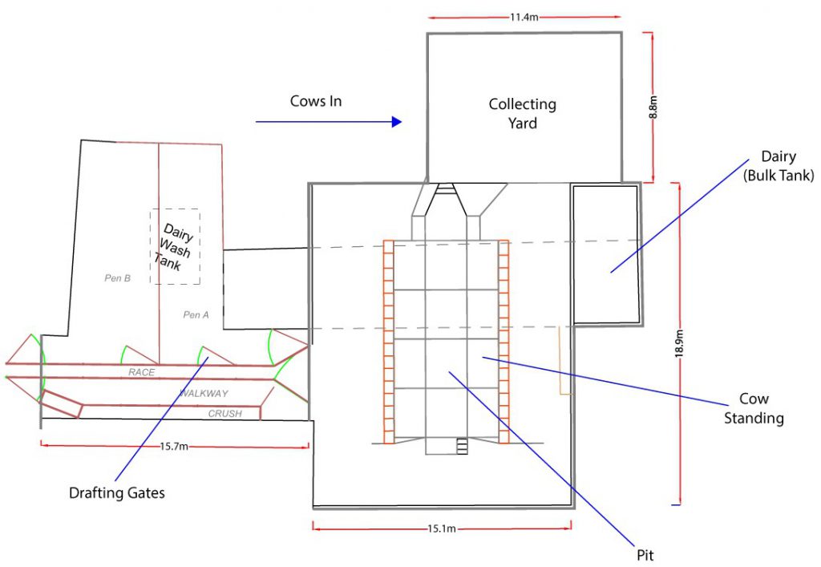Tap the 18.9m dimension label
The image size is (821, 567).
[679, 343]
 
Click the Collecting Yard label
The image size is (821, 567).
[523, 113]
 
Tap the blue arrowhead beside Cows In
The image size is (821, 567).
[395, 122]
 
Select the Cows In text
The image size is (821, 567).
[316, 101]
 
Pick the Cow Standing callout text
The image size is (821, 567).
[754, 408]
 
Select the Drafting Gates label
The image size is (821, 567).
[117, 492]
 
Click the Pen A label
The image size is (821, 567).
[196, 314]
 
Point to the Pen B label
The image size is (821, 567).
[117, 278]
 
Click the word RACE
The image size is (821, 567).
[141, 372]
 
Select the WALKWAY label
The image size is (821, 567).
[204, 393]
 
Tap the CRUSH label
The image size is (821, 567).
[225, 414]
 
